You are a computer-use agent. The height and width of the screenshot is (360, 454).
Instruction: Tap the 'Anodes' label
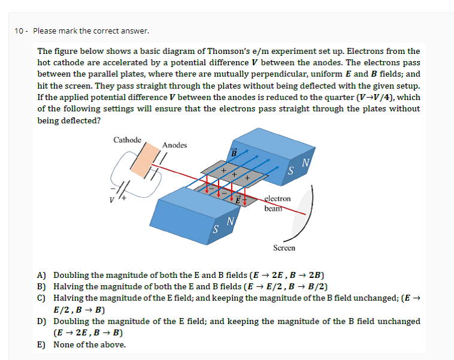click(x=174, y=145)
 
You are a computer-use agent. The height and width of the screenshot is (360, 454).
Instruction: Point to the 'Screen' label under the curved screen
click(x=284, y=247)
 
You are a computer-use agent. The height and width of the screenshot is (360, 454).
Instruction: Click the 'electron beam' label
click(x=277, y=203)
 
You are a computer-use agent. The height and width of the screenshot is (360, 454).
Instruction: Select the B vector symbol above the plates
click(x=234, y=152)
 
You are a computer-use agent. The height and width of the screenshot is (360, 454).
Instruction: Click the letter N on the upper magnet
click(x=305, y=162)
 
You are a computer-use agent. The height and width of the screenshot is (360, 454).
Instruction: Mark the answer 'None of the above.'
click(x=90, y=345)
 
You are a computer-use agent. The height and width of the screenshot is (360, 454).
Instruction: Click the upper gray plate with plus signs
click(x=234, y=174)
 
